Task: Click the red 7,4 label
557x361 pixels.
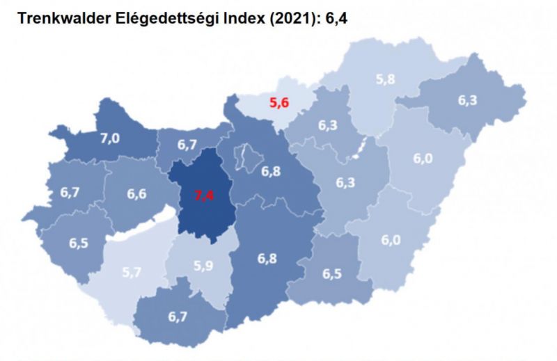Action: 203,195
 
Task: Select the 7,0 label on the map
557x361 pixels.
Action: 109,138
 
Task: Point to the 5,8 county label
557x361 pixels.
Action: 386,79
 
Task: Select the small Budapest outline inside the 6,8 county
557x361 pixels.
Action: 246,159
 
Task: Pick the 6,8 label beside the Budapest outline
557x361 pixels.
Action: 272,170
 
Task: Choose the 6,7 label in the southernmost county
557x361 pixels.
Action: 178,317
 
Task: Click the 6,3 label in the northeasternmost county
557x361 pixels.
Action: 467,100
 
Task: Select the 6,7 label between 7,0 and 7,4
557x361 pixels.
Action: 187,145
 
